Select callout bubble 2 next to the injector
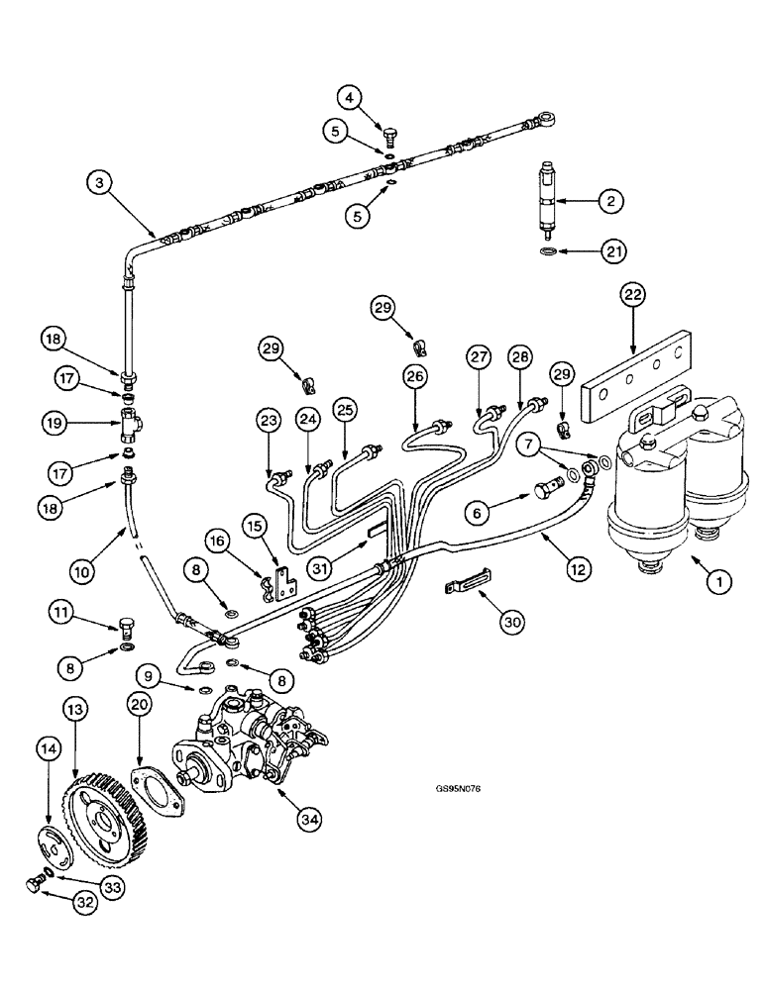point(611,201)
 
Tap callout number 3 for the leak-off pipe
point(97,181)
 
